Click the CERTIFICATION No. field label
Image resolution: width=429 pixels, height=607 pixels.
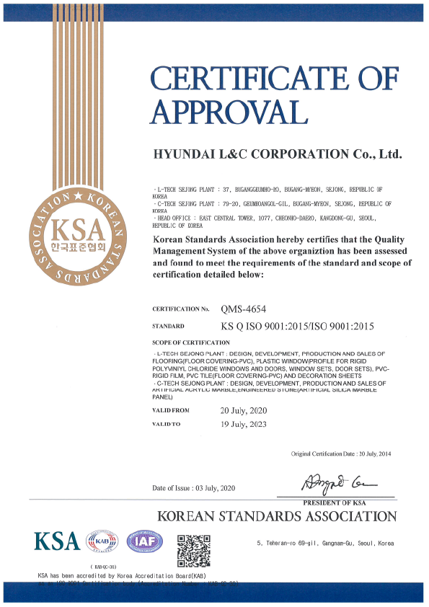click(x=181, y=309)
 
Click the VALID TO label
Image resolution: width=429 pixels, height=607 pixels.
click(x=167, y=424)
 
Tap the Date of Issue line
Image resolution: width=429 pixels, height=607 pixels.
click(x=193, y=488)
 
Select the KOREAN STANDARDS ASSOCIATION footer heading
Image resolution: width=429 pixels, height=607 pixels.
click(x=277, y=516)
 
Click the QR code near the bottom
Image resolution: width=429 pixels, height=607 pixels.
click(x=194, y=548)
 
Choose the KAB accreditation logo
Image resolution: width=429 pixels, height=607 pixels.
click(x=102, y=542)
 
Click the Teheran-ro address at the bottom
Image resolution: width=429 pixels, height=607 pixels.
click(x=325, y=543)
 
